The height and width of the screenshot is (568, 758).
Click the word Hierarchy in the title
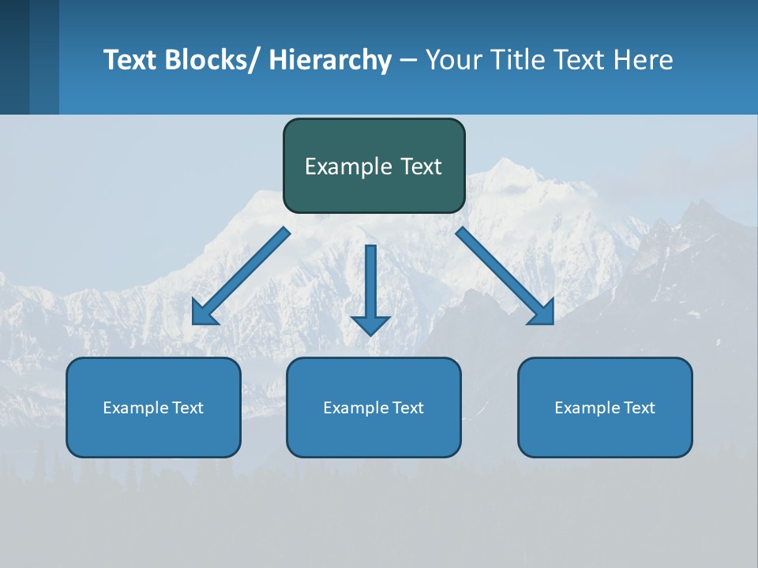coord(330,60)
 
